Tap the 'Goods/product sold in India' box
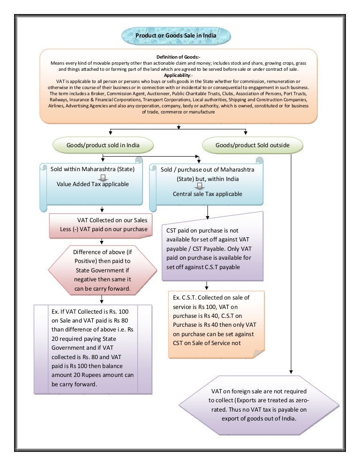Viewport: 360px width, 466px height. pos(103,145)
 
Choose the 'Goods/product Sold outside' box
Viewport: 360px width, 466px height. pos(252,145)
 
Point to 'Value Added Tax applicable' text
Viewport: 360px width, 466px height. pos(93,184)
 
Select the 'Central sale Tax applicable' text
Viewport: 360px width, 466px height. pos(207,194)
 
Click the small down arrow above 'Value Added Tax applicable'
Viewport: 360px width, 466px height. pos(104,177)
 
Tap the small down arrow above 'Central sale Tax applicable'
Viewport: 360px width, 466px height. pos(208,186)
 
